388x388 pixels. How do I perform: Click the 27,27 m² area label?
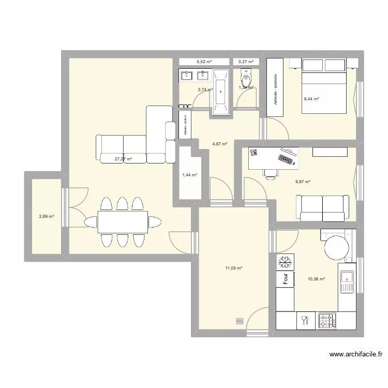point(123,159)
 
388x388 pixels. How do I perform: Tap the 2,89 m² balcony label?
point(47,217)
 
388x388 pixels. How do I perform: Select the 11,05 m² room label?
point(234,268)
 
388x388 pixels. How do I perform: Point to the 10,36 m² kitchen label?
point(316,279)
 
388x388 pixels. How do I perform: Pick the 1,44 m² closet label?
point(189,175)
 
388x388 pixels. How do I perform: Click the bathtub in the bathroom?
point(221,91)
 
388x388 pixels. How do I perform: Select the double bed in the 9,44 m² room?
point(324,85)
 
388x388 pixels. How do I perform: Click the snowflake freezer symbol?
point(285,262)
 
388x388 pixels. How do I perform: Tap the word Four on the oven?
point(285,279)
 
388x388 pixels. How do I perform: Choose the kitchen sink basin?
point(345,282)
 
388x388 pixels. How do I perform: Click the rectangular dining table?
point(122,222)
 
